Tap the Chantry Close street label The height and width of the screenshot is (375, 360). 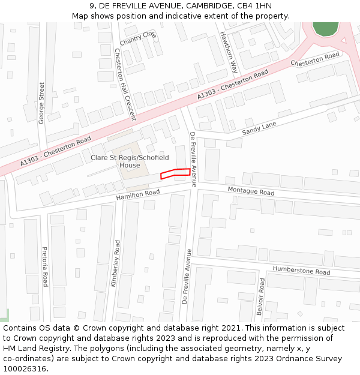[138, 38]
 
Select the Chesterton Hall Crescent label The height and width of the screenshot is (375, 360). [125, 83]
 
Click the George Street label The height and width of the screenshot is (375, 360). [41, 103]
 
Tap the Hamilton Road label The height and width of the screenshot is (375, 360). [138, 194]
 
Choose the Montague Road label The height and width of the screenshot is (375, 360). [251, 191]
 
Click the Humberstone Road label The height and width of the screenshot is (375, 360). [301, 271]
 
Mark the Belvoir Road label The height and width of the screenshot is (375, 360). [260, 297]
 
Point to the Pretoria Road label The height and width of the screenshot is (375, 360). [44, 266]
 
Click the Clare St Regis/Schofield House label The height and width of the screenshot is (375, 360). [130, 161]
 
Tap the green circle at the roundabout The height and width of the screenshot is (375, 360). [325, 26]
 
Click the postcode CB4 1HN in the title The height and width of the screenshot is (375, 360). [256, 6]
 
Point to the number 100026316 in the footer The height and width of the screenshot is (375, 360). [25, 369]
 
